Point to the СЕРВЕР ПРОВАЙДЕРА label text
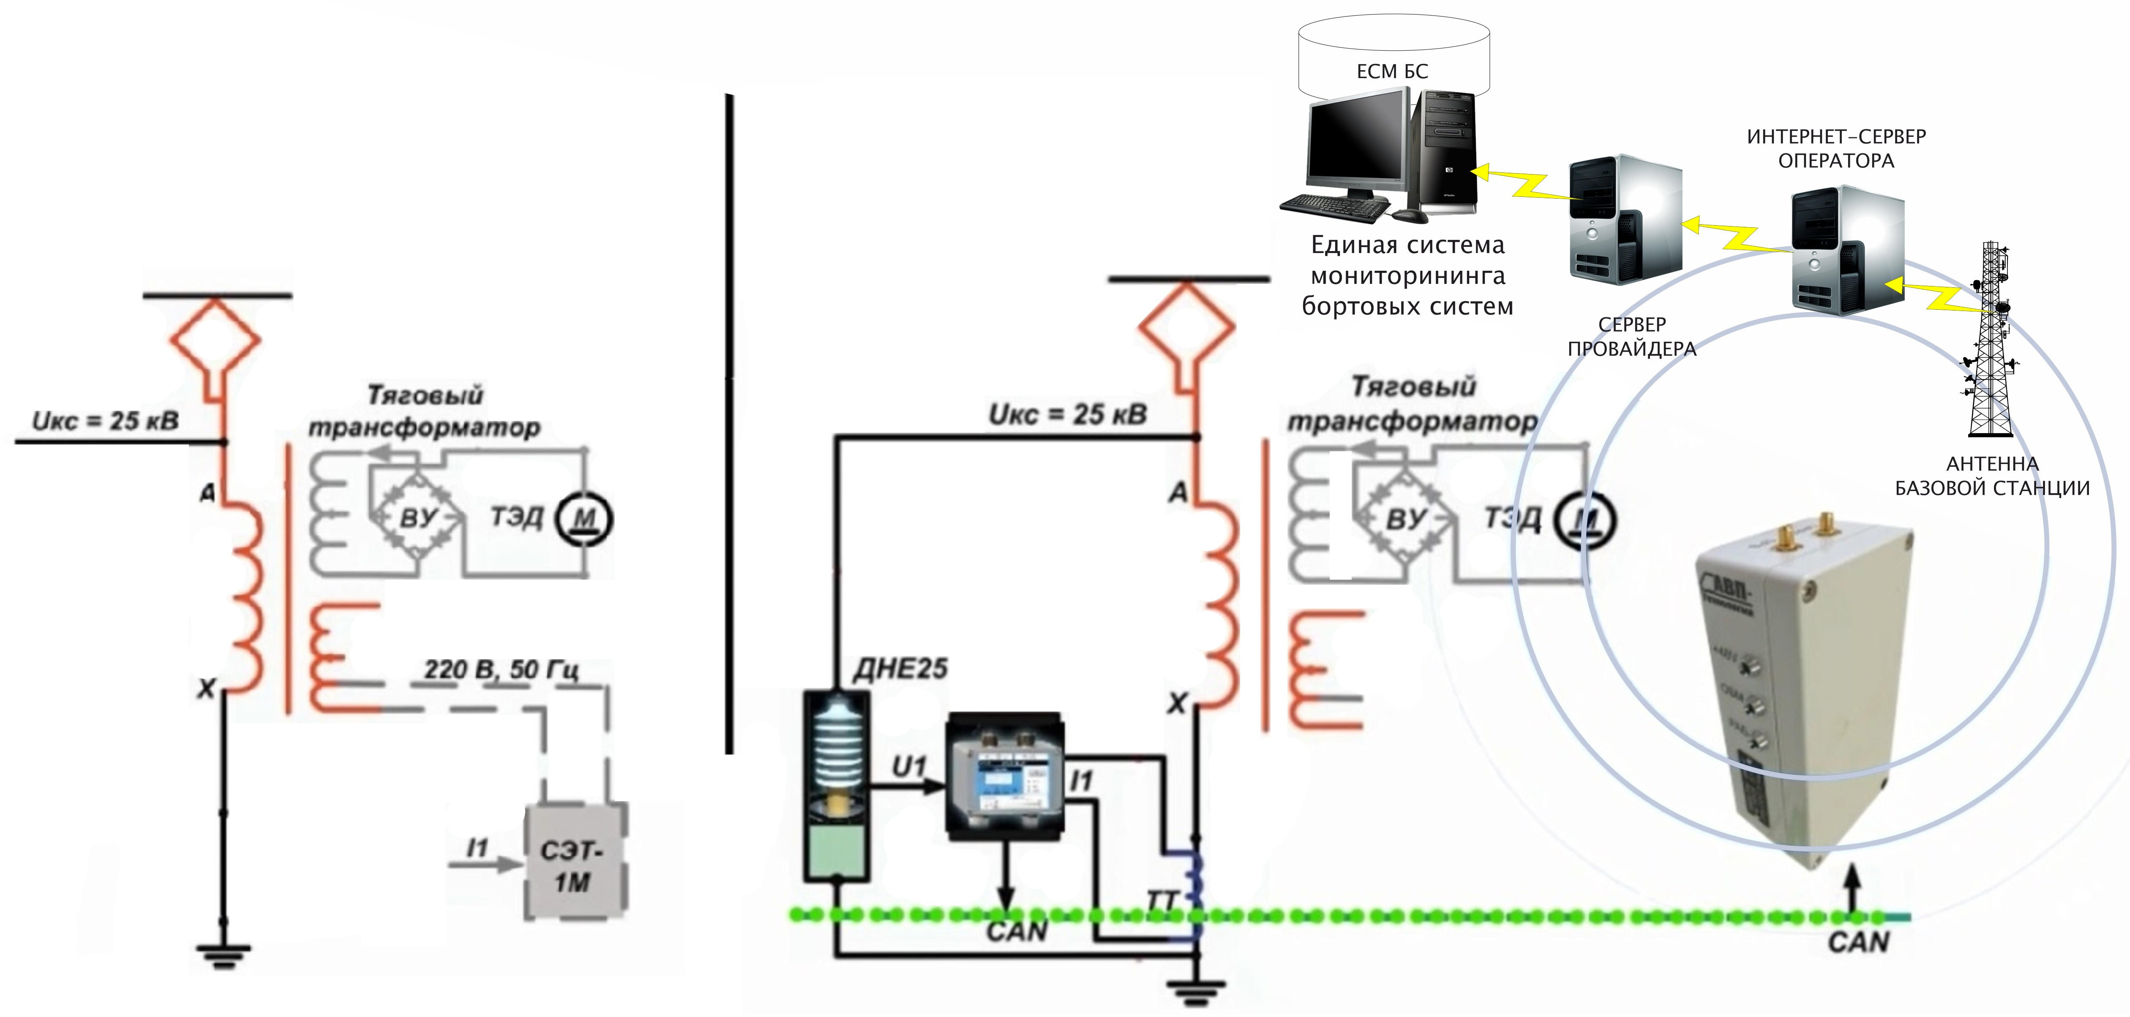pyautogui.click(x=1631, y=336)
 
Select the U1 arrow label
pyautogui.click(x=908, y=767)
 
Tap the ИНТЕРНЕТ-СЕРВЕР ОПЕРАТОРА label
pyautogui.click(x=1835, y=149)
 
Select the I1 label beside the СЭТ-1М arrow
pyautogui.click(x=477, y=848)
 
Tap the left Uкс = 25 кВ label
pyautogui.click(x=105, y=421)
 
